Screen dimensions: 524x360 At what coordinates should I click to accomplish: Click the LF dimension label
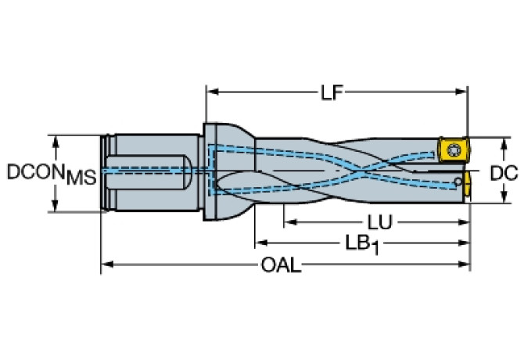coord(332,92)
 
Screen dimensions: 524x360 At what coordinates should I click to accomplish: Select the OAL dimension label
coord(281,266)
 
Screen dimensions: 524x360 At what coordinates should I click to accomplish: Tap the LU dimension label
coord(379,222)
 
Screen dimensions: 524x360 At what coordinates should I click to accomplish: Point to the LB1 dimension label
coord(362,245)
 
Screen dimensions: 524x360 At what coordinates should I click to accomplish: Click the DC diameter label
coord(504,173)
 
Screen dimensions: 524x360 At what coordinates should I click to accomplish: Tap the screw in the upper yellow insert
coord(453,149)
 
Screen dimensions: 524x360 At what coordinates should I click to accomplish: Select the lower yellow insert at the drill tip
coord(466,186)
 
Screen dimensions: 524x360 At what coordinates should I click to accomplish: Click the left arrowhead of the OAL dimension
coord(107,265)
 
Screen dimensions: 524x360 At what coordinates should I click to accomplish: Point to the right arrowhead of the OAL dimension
coord(465,265)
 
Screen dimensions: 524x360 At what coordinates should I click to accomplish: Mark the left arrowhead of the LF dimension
coord(213,92)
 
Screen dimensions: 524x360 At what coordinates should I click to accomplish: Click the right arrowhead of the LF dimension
coord(461,92)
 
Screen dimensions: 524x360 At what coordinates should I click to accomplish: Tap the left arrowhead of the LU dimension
coord(290,222)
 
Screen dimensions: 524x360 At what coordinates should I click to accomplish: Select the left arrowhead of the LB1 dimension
coord(261,243)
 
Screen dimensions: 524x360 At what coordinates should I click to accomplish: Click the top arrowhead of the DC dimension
coord(504,144)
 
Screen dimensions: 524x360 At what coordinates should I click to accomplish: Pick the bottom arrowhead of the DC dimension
coord(504,196)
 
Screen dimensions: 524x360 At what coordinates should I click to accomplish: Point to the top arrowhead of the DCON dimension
coord(56,142)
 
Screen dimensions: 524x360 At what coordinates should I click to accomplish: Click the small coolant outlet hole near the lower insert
coord(458,182)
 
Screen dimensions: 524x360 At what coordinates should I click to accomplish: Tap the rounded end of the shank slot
coord(188,171)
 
